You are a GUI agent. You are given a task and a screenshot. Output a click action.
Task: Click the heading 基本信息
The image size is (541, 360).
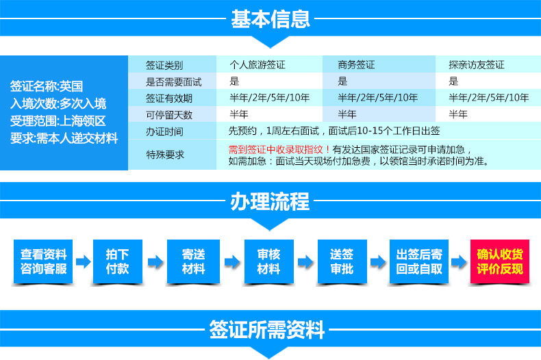[x=270, y=18]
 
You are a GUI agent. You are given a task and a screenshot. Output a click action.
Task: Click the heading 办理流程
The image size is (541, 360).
[x=270, y=201]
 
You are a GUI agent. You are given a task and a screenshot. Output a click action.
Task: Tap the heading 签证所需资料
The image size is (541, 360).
[x=266, y=330]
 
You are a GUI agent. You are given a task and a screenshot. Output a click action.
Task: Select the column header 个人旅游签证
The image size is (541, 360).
[x=257, y=64]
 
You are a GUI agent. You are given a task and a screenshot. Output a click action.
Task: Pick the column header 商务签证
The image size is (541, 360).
[x=356, y=64]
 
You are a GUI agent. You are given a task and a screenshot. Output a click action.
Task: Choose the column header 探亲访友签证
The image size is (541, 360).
[x=477, y=64]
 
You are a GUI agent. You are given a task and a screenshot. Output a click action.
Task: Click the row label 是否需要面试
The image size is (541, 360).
[x=173, y=81]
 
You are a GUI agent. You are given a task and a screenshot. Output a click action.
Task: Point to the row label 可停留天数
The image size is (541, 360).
[x=168, y=115]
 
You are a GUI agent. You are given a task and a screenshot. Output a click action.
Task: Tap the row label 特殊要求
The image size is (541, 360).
[x=165, y=155]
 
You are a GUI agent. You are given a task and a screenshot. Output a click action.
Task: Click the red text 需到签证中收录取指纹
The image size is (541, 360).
[x=276, y=149]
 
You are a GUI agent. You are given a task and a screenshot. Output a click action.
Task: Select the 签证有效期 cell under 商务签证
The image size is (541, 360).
[x=378, y=98]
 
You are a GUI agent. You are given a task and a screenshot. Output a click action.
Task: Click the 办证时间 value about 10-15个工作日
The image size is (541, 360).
[x=334, y=131]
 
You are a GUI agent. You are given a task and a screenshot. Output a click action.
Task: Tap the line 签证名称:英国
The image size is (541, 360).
[x=47, y=86]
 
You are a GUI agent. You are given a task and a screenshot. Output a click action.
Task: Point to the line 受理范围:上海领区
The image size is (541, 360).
[x=58, y=120]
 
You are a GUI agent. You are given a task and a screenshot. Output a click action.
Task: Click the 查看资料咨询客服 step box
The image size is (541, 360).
[x=43, y=261]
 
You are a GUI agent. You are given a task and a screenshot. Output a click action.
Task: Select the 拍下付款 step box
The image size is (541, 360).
[x=118, y=261]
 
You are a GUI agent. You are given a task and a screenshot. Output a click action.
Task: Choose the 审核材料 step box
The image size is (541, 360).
[x=269, y=261]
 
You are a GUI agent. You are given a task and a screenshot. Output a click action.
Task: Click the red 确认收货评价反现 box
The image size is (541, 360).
[x=500, y=261]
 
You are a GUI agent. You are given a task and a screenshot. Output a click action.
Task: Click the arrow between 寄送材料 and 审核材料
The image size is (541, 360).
[x=232, y=261]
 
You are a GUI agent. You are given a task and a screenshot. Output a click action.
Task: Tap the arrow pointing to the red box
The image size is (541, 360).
[x=460, y=261]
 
